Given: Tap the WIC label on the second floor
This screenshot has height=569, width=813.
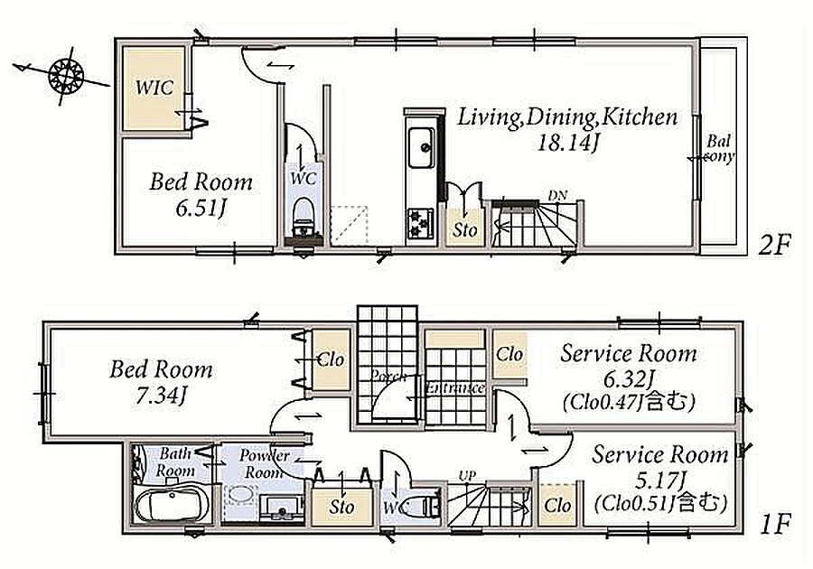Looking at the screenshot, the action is (x=154, y=88).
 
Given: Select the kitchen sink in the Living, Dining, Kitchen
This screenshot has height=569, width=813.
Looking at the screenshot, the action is (x=420, y=147).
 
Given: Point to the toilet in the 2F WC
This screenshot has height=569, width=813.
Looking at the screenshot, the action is (x=303, y=215).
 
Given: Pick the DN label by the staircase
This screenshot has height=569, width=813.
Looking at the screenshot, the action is (x=557, y=195).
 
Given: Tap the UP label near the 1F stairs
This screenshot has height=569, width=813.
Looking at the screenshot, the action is (x=467, y=476).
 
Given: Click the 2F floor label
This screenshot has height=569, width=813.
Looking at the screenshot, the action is (x=775, y=245).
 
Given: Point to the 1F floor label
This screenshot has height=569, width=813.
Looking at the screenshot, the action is (x=775, y=524).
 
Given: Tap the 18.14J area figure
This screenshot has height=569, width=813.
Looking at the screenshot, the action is (x=567, y=142).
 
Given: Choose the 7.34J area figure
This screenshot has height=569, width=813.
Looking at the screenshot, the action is (x=160, y=396).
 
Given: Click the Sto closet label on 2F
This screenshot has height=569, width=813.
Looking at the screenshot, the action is (x=464, y=229).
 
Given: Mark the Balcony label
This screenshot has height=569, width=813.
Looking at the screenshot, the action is (x=719, y=148).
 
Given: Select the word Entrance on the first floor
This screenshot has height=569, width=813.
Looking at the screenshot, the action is (x=454, y=388).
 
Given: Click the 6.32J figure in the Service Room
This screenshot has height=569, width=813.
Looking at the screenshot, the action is (x=628, y=380).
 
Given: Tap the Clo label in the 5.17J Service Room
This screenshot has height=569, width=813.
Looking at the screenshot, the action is (x=558, y=505).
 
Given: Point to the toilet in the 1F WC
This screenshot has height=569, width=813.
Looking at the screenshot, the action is (x=422, y=504).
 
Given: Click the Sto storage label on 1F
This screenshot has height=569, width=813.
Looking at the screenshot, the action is (x=341, y=507).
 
